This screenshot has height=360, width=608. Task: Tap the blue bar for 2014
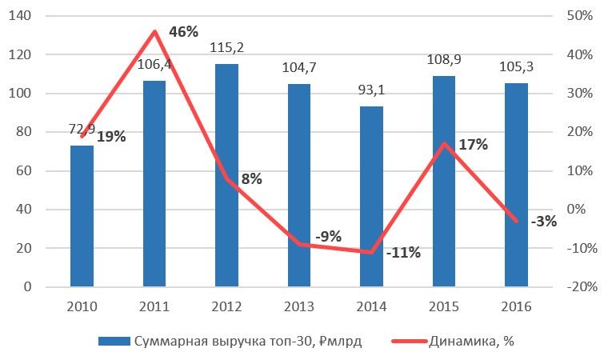point(371,196)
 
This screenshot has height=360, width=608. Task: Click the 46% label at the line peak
point(183,33)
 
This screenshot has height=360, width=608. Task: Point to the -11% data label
point(402,254)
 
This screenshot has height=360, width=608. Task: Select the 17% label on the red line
point(474,146)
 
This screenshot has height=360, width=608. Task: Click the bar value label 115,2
point(226,48)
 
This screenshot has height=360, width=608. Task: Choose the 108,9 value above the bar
point(444,60)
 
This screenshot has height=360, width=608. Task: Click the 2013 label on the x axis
point(298,306)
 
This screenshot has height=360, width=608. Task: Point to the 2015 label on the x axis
point(444,306)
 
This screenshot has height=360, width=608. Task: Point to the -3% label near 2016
point(543,222)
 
